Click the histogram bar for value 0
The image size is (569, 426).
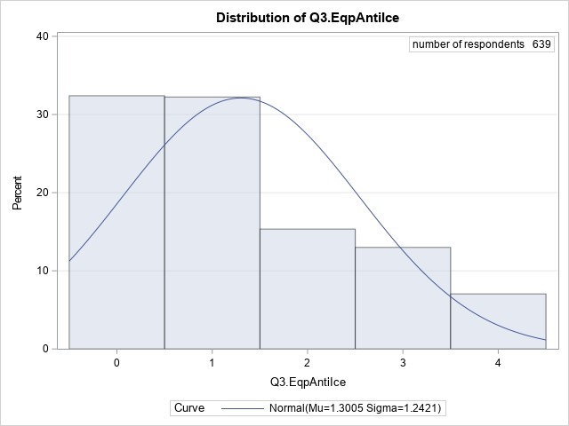click(x=116, y=222)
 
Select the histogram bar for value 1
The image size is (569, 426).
click(x=212, y=222)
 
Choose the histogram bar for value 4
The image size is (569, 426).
click(x=498, y=320)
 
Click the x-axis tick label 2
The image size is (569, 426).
click(x=308, y=363)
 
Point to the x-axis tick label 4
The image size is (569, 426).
click(x=498, y=363)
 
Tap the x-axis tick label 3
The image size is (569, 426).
click(x=403, y=363)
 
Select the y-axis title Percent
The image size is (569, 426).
click(x=17, y=193)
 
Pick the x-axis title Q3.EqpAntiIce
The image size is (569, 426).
click(x=308, y=381)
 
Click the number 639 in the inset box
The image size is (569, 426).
click(x=542, y=44)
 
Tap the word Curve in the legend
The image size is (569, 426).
click(x=189, y=407)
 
